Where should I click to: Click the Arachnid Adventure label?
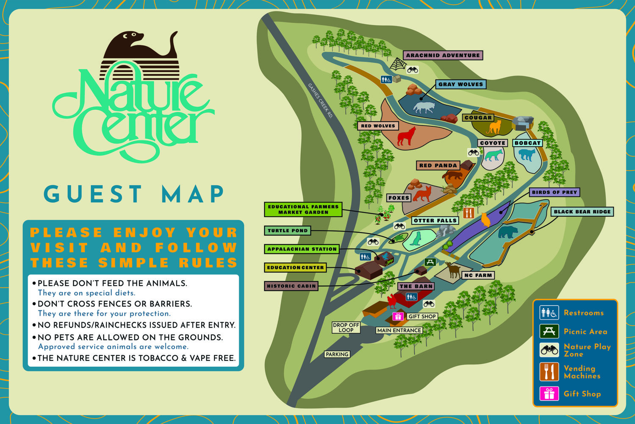tap(443, 55)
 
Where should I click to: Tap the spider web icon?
tap(398, 64)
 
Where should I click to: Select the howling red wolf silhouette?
tap(407, 136)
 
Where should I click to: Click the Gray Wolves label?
tap(460, 84)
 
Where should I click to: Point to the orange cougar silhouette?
tap(494, 127)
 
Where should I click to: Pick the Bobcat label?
tap(527, 143)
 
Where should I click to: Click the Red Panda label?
tap(438, 165)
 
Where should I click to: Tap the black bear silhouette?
tap(507, 232)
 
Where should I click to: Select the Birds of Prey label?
tap(554, 192)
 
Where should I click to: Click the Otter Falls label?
tap(435, 220)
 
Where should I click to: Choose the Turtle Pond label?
tap(288, 231)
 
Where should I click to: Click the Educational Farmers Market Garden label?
tap(303, 209)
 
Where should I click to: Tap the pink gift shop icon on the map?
tap(398, 316)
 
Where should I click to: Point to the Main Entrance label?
tap(399, 330)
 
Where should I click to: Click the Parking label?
tap(337, 354)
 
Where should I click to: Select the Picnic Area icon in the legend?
tap(549, 331)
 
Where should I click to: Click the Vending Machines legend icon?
tap(549, 371)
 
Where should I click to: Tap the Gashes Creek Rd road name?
tap(320, 100)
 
